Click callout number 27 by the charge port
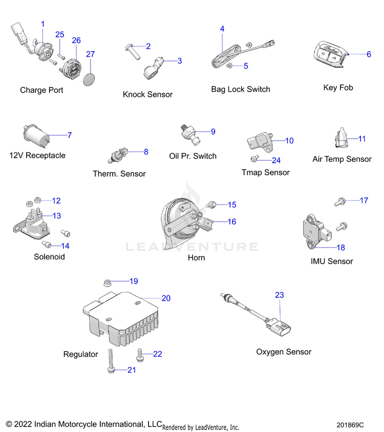point(91,54)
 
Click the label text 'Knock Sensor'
point(147,94)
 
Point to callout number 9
point(213,132)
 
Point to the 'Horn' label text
point(196,257)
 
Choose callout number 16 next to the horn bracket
point(231,222)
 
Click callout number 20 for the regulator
point(166,298)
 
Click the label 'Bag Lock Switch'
point(241,89)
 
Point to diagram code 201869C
point(350,425)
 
